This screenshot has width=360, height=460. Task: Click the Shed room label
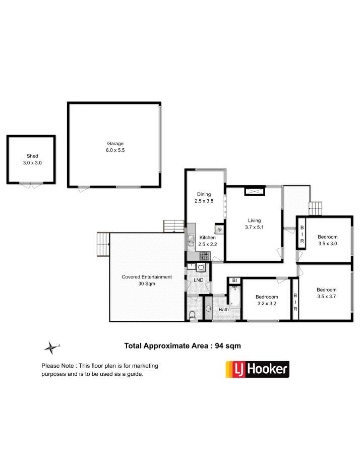32,156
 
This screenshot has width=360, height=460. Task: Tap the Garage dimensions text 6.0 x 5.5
115,150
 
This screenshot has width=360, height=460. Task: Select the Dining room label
204,194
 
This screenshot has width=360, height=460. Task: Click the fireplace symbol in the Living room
255,192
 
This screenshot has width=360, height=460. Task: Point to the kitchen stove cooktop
204,256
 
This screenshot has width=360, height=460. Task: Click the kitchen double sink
191,240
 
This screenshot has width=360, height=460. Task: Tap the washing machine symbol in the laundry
201,267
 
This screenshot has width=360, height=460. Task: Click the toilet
192,315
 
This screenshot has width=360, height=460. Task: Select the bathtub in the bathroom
234,297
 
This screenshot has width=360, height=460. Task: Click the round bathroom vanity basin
208,309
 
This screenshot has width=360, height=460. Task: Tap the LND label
199,280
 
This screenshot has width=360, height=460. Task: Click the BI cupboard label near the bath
234,281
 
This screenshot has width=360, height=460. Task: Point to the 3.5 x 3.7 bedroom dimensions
327,297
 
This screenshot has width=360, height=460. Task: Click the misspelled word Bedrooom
267,297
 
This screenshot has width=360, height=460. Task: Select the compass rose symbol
51,348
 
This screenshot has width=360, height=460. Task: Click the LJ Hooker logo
257,369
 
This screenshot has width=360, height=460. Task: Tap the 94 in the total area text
219,346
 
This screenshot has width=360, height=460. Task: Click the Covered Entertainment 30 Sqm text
147,280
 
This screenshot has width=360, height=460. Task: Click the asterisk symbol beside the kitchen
219,229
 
